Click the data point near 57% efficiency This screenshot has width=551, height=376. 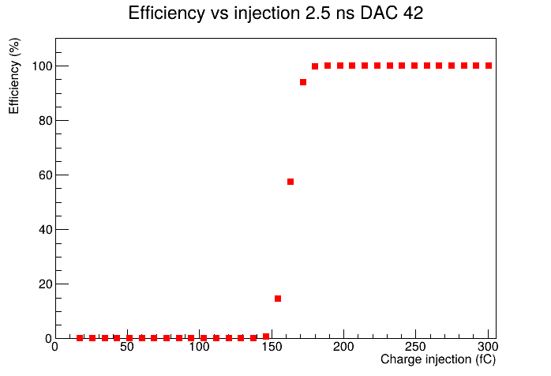290,182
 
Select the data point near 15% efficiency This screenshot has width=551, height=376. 278,299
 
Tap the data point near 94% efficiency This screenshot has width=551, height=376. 303,82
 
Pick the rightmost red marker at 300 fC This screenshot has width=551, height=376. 489,66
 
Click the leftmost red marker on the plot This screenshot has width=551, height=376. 80,338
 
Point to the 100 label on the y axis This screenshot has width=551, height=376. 42,66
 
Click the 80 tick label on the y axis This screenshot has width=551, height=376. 45,121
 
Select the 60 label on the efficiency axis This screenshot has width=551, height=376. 45,175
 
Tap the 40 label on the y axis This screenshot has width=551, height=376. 45,230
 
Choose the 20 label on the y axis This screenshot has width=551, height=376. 45,284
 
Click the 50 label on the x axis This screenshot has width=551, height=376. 127,347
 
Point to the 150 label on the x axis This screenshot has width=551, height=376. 272,347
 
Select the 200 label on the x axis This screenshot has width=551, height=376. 343,347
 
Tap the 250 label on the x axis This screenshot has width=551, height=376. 416,347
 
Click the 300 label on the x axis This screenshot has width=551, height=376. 488,347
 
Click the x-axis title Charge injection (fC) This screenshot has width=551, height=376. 438,359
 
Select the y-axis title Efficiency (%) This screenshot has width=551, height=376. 14,76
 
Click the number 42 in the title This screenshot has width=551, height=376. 413,13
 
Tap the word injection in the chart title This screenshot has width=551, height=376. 267,13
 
